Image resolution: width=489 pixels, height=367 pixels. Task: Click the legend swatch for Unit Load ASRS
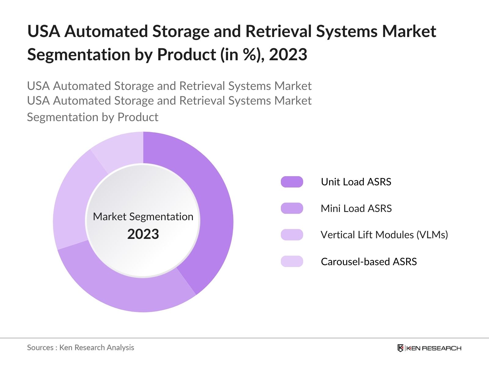click(x=292, y=182)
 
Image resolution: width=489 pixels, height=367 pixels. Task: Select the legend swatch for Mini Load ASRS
click(x=292, y=208)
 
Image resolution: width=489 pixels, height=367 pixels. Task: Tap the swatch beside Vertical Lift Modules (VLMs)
click(x=292, y=235)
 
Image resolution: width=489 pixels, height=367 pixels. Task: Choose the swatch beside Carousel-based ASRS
click(x=292, y=261)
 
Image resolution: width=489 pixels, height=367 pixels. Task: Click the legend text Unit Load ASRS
click(x=356, y=182)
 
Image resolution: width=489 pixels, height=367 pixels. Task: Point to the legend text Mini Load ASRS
click(x=356, y=208)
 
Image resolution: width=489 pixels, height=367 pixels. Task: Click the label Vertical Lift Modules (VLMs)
click(x=384, y=235)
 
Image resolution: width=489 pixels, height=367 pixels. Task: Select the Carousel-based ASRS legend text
click(x=369, y=261)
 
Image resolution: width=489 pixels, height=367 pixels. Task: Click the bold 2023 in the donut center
click(x=143, y=234)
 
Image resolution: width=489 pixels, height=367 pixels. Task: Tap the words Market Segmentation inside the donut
click(x=143, y=217)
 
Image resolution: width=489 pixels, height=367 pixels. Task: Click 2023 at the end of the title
click(x=288, y=54)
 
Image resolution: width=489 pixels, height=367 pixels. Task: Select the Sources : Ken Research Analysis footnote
click(x=80, y=347)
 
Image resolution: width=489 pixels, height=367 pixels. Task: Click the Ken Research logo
click(x=429, y=348)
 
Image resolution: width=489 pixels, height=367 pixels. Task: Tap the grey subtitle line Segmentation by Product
click(x=93, y=117)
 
